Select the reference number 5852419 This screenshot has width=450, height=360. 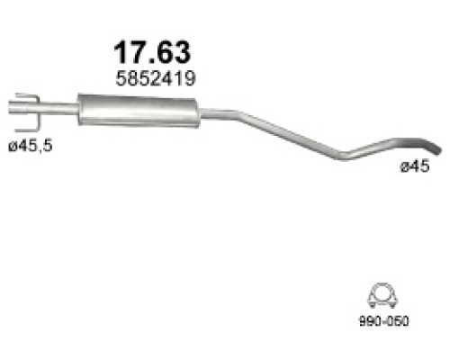coord(152,78)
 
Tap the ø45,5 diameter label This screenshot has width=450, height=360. coord(29,146)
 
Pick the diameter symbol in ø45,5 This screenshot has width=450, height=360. coord(11,146)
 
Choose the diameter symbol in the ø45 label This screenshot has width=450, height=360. coord(404,167)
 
